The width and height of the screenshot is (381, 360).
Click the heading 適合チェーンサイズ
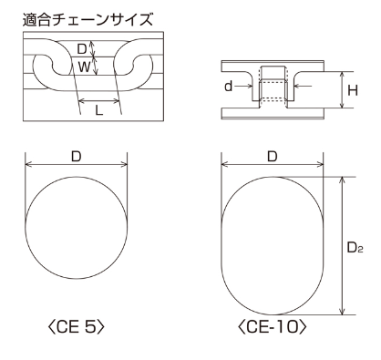point(88,20)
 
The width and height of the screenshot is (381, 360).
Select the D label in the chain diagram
point(82,48)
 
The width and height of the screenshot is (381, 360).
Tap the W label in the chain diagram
point(84,67)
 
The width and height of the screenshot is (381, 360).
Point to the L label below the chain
point(99,110)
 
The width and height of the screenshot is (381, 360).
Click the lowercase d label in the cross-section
point(228,87)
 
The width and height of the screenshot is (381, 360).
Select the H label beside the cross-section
point(353,90)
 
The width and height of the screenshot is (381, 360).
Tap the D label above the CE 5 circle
point(77,157)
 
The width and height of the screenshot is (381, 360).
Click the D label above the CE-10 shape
point(273,157)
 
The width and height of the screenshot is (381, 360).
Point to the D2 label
point(355,248)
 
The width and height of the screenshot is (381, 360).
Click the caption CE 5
point(77,327)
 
